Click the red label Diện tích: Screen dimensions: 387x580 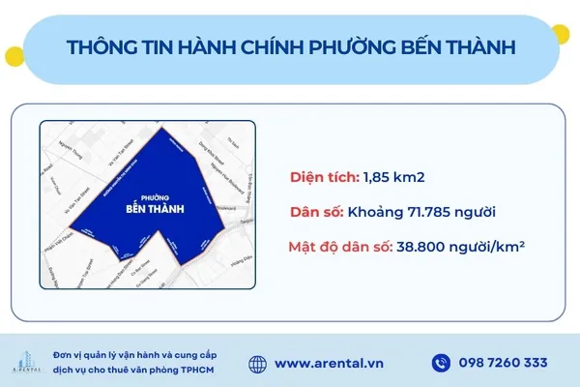pos(324,177)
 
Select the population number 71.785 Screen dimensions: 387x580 pos(433,212)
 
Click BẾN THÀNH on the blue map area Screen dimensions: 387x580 pos(156,208)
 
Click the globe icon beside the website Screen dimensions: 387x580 pos(257,363)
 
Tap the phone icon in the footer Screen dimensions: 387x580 pos(441,363)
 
